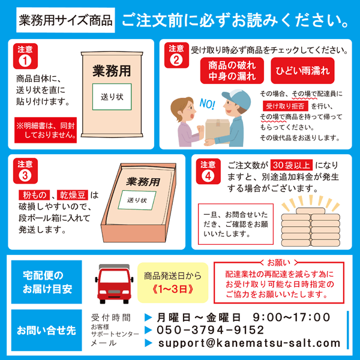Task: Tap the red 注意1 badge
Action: point(25,56)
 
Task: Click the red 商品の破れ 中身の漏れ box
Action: point(233,71)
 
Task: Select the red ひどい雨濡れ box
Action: point(302,71)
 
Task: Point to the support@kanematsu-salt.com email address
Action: point(249,343)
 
